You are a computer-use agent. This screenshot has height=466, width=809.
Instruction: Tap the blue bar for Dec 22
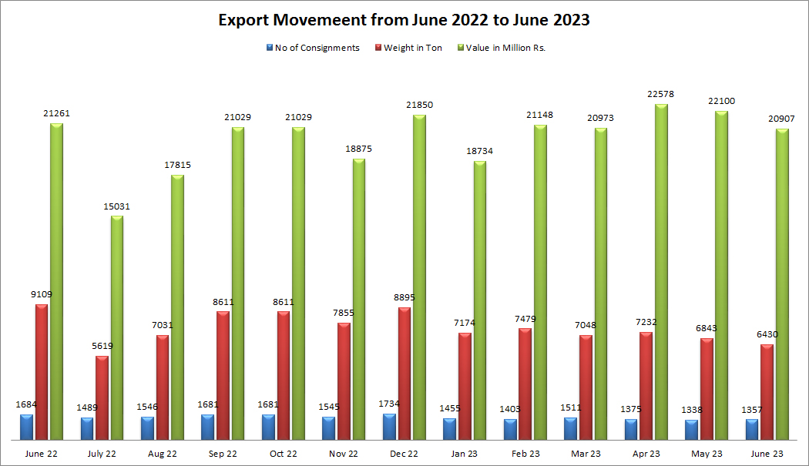389,427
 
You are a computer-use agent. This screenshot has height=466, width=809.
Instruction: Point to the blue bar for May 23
691,430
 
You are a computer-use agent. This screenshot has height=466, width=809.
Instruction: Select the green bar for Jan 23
479,300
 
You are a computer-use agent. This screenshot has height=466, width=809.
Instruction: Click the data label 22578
661,94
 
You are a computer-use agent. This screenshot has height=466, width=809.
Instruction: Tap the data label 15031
116,206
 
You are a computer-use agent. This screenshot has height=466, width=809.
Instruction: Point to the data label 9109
41,294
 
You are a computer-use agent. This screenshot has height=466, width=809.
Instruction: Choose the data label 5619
102,346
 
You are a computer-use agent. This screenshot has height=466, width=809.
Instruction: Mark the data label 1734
389,404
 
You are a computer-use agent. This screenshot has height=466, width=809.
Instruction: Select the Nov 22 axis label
343,454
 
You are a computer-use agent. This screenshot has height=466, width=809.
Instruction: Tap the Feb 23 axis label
525,454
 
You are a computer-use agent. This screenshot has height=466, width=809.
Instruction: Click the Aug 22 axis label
161,454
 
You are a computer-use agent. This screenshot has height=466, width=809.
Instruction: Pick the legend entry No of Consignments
317,48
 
